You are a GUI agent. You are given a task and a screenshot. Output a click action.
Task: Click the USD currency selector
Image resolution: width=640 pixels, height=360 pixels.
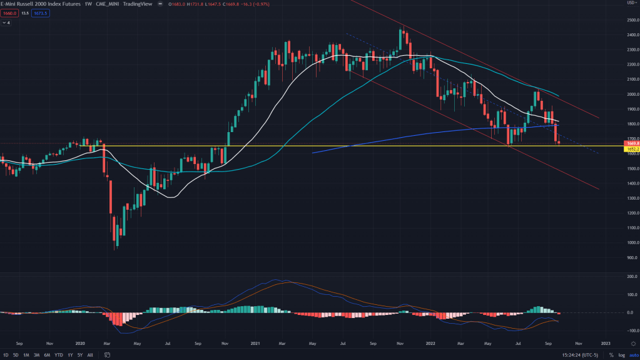click(x=631, y=4)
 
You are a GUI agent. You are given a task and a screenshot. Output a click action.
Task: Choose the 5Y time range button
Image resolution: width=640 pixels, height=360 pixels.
click(x=80, y=355)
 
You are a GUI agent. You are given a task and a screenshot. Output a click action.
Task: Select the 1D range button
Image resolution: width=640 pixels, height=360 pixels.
click(x=6, y=355)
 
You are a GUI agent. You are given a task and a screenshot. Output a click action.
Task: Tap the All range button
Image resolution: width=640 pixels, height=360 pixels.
click(x=90, y=355)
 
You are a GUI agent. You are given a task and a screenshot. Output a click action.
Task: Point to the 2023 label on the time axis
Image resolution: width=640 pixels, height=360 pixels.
click(x=606, y=343)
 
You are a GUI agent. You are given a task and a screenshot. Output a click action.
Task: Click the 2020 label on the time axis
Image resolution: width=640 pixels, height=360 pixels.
click(x=79, y=343)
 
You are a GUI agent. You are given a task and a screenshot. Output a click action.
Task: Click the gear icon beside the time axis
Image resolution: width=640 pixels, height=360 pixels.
click(x=631, y=343)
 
